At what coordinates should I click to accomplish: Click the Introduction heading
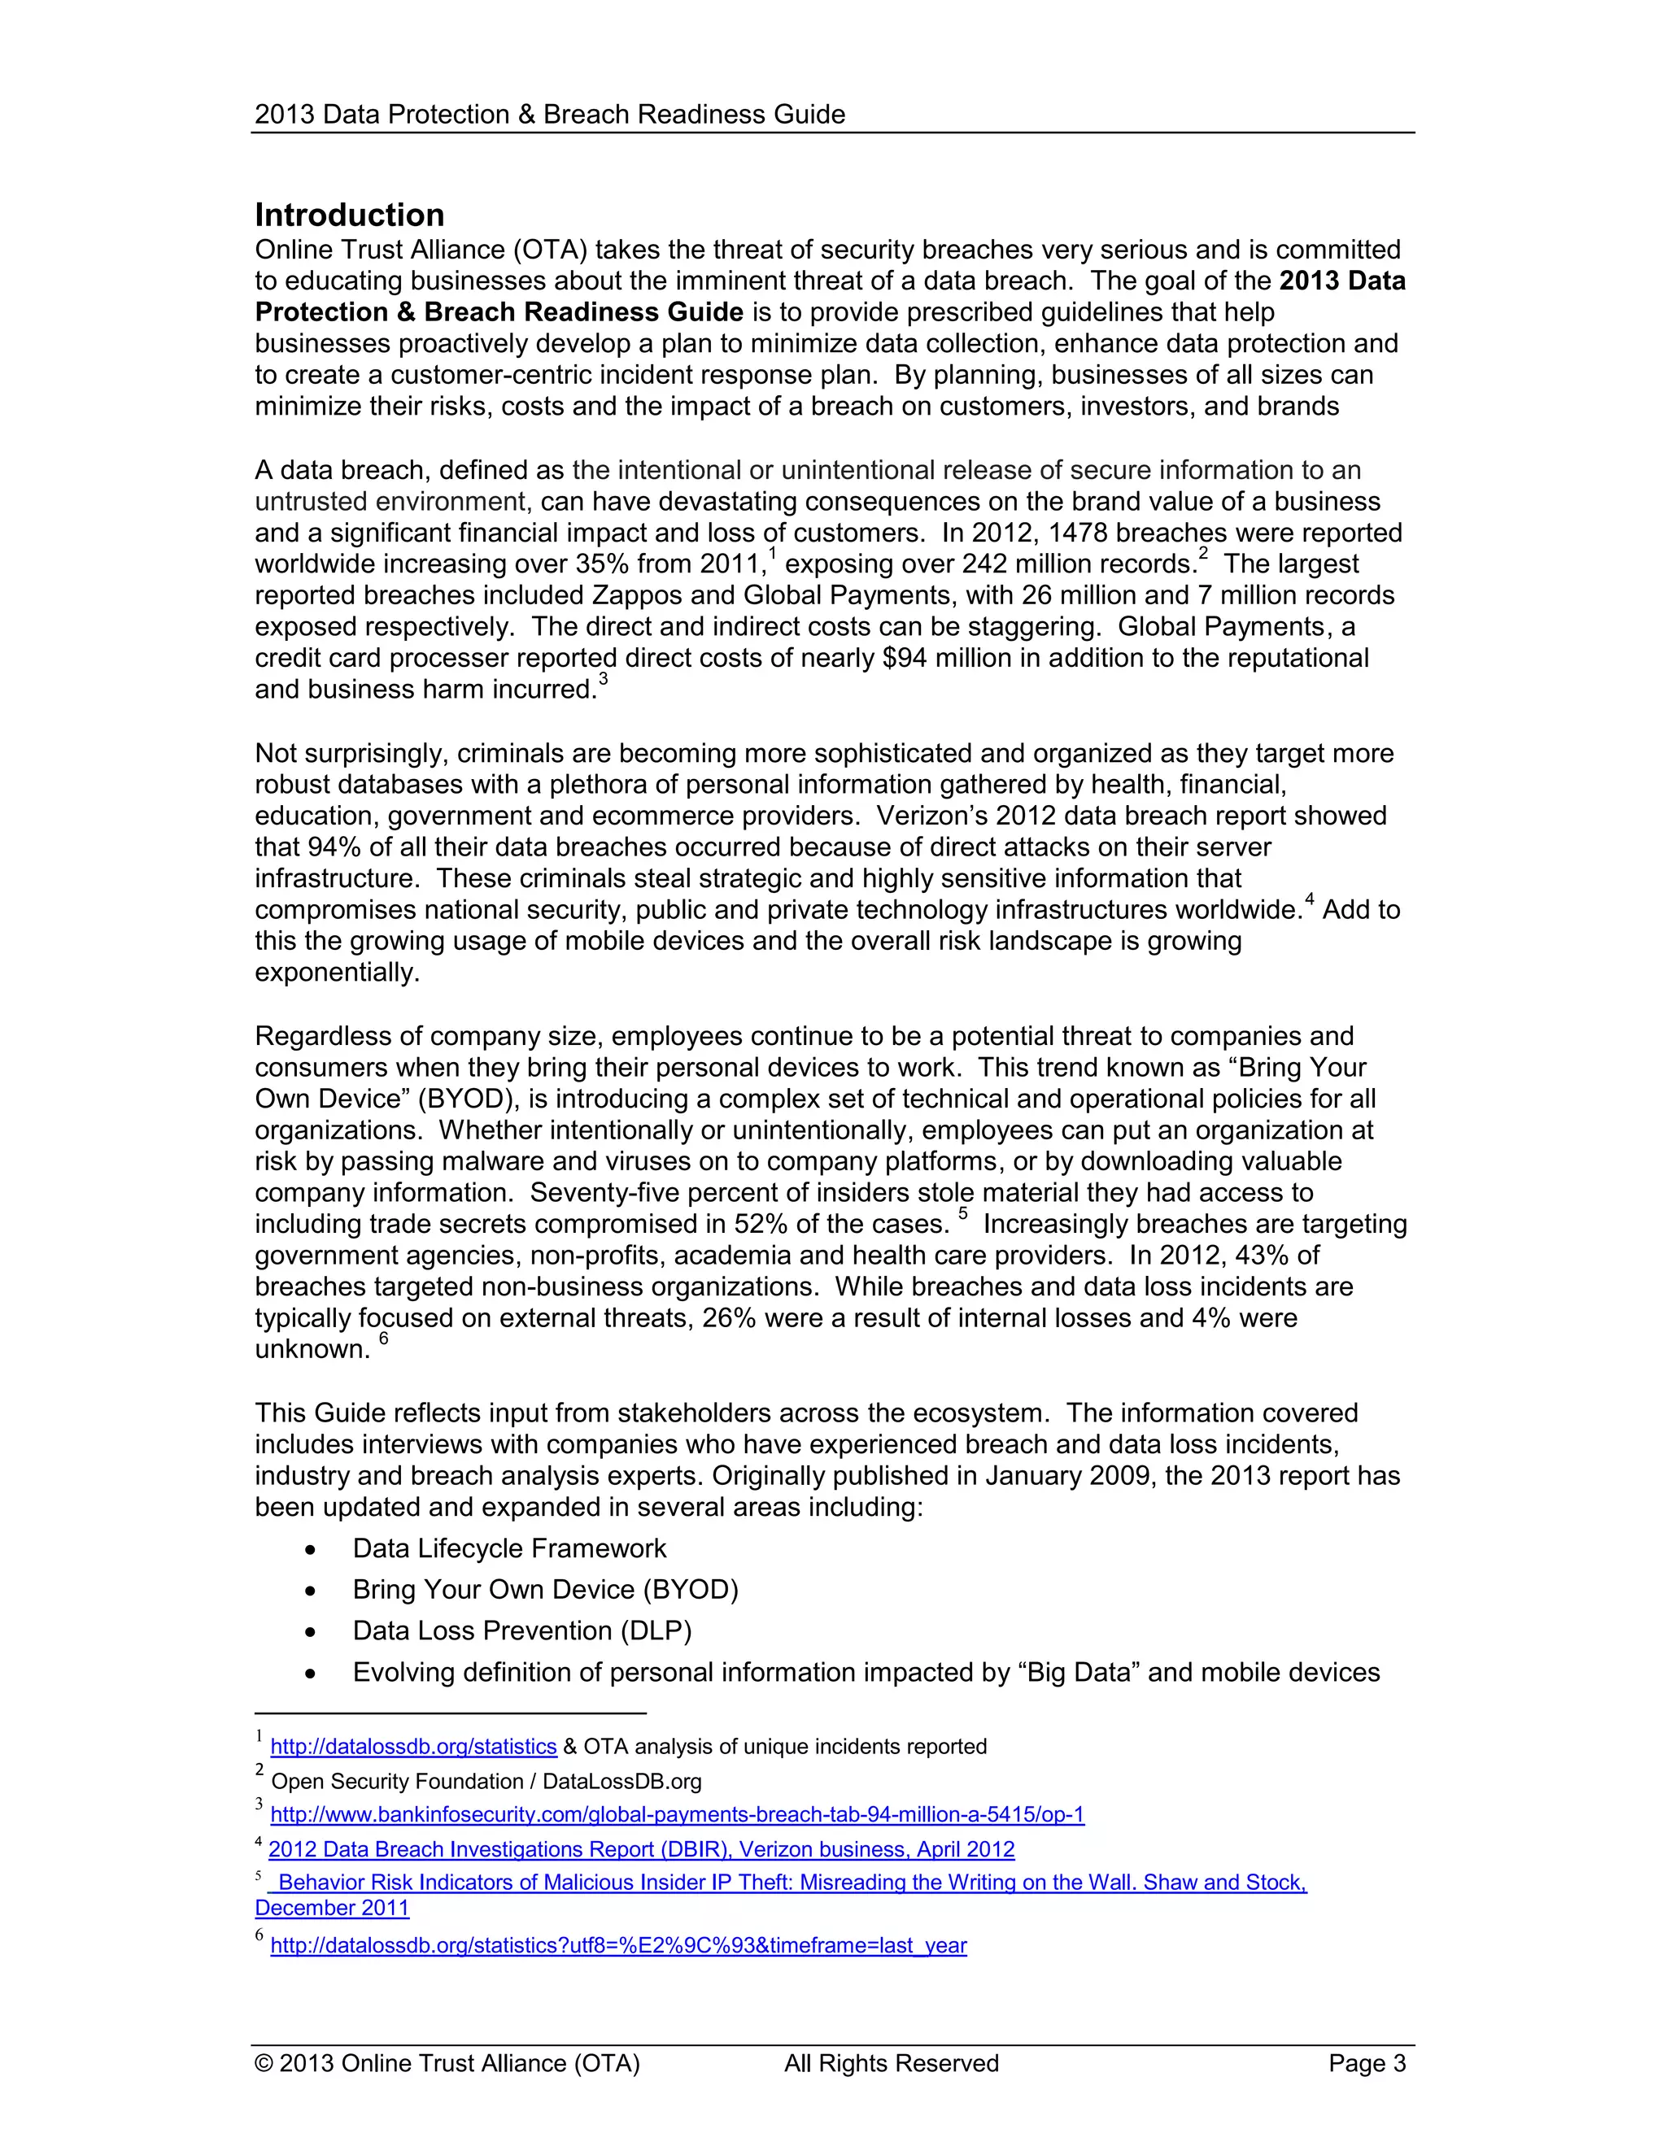tap(349, 215)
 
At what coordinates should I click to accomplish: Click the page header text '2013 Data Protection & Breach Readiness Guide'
tap(550, 115)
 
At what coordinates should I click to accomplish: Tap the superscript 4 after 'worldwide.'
tap(1310, 899)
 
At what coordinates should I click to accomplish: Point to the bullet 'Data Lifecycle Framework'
tap(509, 1548)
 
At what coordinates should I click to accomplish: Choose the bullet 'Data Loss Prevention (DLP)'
tap(522, 1631)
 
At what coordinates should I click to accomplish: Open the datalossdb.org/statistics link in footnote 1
tap(413, 1748)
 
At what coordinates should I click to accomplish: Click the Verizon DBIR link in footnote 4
tap(642, 1850)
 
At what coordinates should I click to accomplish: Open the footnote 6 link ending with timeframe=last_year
tap(618, 1947)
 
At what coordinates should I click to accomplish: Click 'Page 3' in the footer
tap(1366, 2064)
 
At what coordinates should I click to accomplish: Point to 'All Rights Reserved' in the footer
tap(892, 2064)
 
